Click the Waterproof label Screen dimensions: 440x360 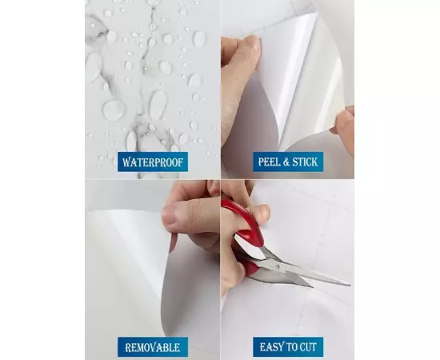(153, 162)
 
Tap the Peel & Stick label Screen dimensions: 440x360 (288, 162)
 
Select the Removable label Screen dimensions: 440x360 (153, 347)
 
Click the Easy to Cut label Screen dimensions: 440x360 (288, 347)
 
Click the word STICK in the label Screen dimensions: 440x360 (305, 162)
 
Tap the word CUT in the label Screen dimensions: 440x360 (308, 347)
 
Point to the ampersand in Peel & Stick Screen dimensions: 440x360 (286, 162)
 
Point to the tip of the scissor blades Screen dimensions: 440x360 (350, 285)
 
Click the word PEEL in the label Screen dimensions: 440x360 (269, 162)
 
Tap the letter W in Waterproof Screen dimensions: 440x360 (127, 162)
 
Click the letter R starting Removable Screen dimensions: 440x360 (129, 347)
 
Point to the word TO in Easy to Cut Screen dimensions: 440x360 (290, 347)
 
